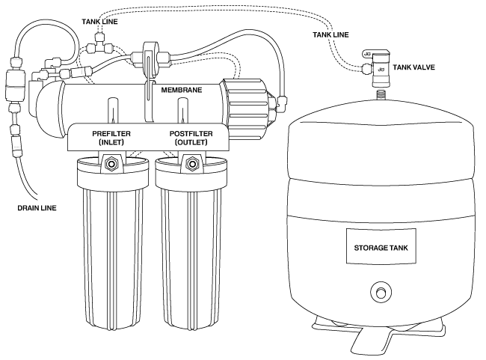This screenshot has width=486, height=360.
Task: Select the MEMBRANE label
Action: (x=182, y=90)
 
